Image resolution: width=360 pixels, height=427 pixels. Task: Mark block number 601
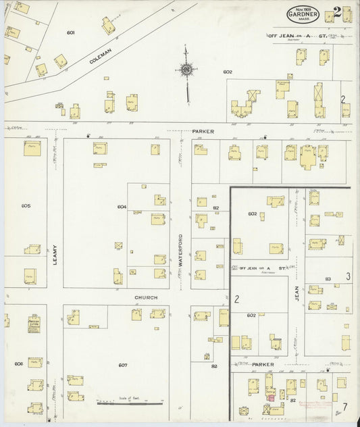[70, 32]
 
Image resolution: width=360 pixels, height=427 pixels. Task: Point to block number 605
[26, 205]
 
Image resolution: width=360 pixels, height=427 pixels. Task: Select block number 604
[122, 207]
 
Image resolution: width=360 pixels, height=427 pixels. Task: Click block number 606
[18, 364]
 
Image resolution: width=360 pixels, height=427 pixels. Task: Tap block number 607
[122, 366]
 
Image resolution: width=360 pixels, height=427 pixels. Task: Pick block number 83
[328, 278]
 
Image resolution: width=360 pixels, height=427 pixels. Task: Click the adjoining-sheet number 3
[348, 276]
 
